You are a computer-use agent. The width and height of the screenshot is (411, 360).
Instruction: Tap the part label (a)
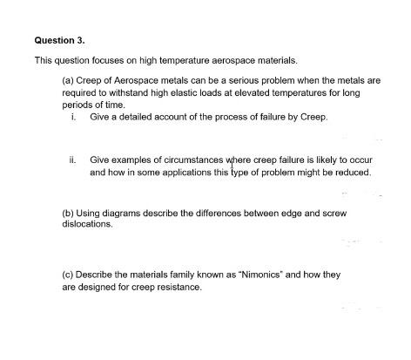tap(69, 80)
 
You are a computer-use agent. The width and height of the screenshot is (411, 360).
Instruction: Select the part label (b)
tap(69, 213)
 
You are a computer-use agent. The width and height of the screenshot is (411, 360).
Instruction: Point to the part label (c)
tap(69, 274)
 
